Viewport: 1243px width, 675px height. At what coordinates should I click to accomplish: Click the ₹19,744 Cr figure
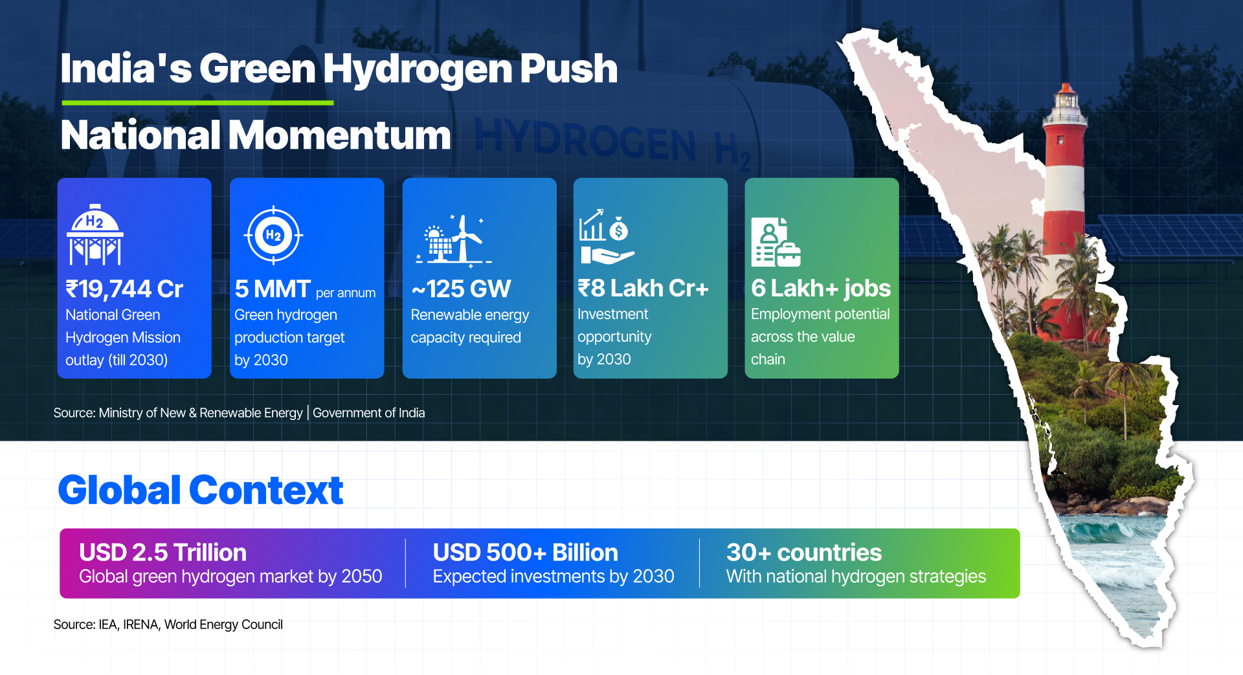coord(124,289)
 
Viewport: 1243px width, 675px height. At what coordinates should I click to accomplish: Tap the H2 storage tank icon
coord(95,235)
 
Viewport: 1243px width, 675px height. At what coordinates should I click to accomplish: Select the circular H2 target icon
coord(273,235)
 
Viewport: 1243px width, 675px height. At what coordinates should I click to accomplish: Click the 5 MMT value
coord(273,289)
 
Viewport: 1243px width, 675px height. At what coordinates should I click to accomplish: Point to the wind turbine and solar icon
coord(454,240)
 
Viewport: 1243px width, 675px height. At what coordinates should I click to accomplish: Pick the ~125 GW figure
coord(461,289)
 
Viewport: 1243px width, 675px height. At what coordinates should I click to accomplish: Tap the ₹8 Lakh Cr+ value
coord(643,288)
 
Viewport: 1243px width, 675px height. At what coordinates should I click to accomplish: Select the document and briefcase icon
coord(776,242)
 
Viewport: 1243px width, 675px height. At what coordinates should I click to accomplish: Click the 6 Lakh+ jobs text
coord(821,288)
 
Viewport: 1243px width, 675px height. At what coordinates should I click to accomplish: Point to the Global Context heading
coord(201,490)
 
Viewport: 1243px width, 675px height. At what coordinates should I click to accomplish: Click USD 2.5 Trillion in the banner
coord(162,553)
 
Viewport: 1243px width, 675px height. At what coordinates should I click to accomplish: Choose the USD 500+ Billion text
coord(525,553)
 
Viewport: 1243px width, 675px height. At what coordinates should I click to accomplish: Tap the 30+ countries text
coord(804,553)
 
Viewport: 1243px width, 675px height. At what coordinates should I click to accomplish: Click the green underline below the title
coord(197,102)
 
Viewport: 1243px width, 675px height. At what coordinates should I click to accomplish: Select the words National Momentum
coord(256,135)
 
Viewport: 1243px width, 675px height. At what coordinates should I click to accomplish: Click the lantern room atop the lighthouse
coord(1066,104)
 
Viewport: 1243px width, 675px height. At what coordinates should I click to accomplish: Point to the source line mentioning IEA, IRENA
coord(168,625)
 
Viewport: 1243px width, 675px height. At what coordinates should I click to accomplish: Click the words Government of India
coord(369,413)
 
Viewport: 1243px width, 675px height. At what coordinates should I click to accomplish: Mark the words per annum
coord(346,293)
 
